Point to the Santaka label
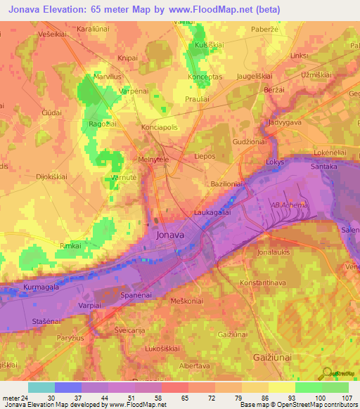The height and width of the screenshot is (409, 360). tap(326, 167)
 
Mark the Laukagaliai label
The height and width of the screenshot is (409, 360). tap(213, 211)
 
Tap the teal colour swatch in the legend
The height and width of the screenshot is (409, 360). tap(41, 387)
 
